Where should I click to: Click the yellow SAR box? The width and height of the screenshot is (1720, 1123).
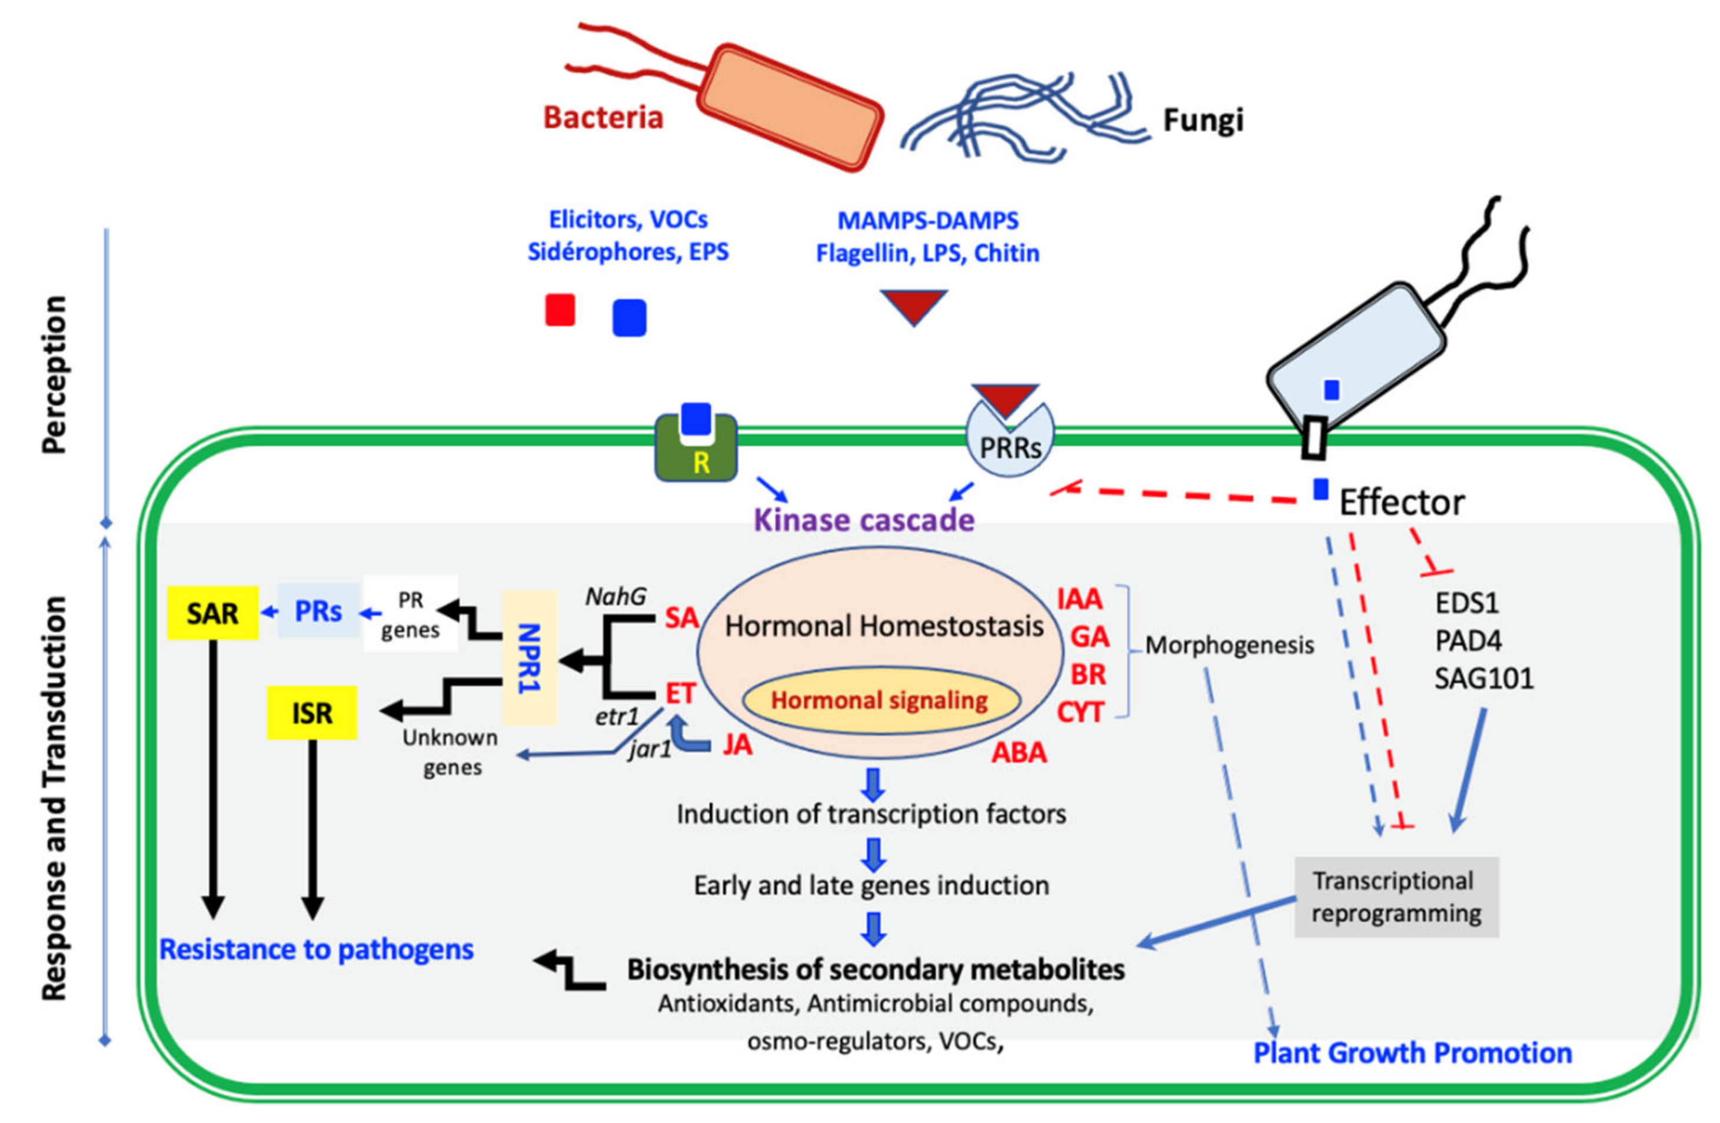click(x=212, y=613)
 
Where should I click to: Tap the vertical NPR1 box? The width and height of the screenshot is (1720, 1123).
click(x=530, y=657)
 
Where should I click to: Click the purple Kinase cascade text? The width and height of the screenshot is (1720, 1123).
click(x=864, y=520)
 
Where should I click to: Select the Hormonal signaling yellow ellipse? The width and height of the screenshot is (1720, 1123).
click(x=880, y=700)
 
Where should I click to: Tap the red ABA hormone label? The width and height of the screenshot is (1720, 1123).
click(x=1018, y=753)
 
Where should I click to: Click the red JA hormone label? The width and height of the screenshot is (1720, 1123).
click(x=737, y=745)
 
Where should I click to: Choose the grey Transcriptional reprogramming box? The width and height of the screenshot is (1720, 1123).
click(x=1396, y=897)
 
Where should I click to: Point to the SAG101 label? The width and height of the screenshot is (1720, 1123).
click(x=1483, y=679)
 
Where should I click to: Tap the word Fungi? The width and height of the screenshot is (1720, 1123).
click(x=1203, y=120)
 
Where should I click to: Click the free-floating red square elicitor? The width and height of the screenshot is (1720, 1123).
click(x=560, y=310)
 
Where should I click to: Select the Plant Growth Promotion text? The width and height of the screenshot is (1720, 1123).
click(x=1412, y=1053)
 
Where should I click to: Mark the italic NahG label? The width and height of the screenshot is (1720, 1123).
click(x=616, y=597)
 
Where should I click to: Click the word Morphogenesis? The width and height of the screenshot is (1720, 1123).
click(x=1229, y=644)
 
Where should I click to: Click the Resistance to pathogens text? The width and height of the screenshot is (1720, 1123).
click(x=317, y=949)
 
